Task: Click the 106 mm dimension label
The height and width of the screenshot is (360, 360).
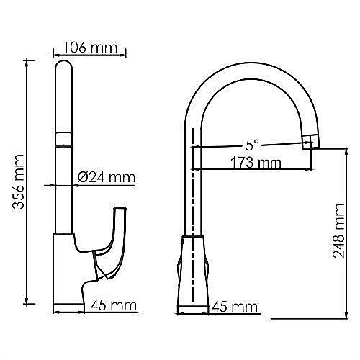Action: tap(90, 48)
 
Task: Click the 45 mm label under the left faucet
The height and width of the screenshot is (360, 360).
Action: tap(114, 306)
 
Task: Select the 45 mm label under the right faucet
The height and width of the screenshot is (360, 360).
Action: tap(235, 307)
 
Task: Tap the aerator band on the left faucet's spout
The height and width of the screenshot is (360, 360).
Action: tap(64, 138)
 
